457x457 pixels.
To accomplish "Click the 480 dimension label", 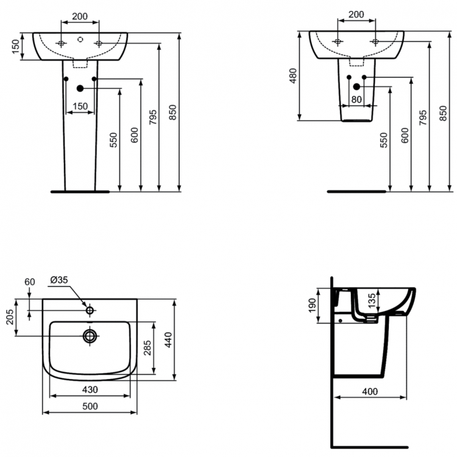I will tap(293, 76).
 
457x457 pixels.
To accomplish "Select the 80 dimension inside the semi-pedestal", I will tap(356, 99).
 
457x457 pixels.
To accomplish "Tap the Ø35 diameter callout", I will tap(59, 280).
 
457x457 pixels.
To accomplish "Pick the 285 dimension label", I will tap(147, 347).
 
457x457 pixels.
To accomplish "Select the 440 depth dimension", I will tap(167, 347).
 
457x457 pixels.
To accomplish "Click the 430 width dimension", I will tap(90, 389).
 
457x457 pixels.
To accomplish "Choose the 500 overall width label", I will tap(90, 406).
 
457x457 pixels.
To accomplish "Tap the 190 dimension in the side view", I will tap(312, 303).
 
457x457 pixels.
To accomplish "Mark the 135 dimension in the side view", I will tap(373, 301).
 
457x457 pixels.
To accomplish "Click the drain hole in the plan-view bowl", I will tap(90, 335).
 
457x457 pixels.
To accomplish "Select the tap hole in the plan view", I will tap(90, 310).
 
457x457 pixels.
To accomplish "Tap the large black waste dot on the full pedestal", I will tap(80, 88).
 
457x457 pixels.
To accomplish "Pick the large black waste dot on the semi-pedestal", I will tap(356, 87).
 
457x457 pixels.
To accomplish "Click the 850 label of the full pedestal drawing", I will tap(172, 113).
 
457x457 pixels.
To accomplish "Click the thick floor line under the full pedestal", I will tap(80, 191).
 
